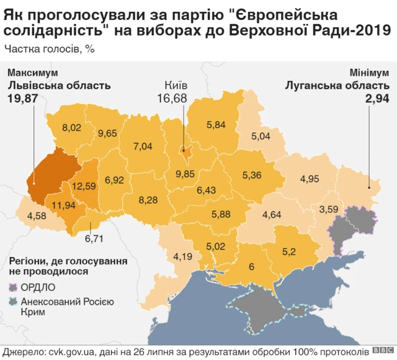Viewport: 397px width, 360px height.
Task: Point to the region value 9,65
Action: point(107,133)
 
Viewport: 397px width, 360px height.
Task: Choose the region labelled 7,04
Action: point(143,146)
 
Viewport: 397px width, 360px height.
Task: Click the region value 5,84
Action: point(215,125)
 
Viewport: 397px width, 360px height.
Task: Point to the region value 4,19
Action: point(184,256)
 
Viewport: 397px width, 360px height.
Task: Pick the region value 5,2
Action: point(290,251)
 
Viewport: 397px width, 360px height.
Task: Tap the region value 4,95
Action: point(309,179)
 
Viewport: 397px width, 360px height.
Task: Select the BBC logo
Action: point(385,351)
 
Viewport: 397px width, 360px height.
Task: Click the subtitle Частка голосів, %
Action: point(50,48)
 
